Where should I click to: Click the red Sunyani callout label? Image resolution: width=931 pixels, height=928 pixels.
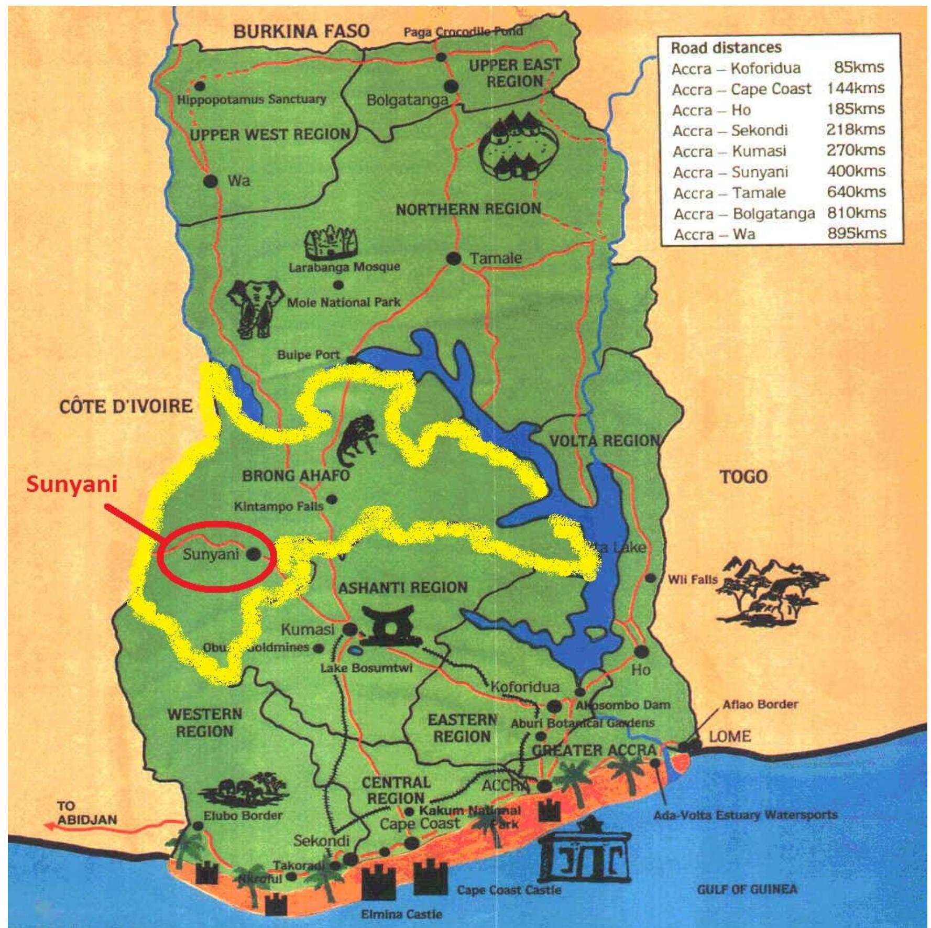pyautogui.click(x=72, y=484)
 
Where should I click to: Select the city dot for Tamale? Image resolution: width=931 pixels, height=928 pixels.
pyautogui.click(x=454, y=258)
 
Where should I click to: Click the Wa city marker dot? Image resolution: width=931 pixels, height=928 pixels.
pyautogui.click(x=211, y=181)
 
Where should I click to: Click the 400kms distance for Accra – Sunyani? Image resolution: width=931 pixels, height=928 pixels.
pyautogui.click(x=856, y=171)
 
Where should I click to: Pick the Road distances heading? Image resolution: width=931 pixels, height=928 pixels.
pyautogui.click(x=726, y=48)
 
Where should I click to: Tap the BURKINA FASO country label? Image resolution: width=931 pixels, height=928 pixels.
pyautogui.click(x=301, y=31)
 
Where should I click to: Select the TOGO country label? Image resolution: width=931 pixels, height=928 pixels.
pyautogui.click(x=743, y=477)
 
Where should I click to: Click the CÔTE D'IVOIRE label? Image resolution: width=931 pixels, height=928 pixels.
pyautogui.click(x=126, y=406)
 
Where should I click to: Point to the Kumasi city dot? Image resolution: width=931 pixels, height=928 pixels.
pyautogui.click(x=350, y=629)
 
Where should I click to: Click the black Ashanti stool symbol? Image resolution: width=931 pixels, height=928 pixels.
pyautogui.click(x=391, y=626)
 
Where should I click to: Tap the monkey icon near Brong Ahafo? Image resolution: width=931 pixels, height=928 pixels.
pyautogui.click(x=358, y=439)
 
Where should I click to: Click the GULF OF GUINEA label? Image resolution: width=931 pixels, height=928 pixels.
pyautogui.click(x=747, y=889)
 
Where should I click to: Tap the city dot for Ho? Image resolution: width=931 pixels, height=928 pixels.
pyautogui.click(x=641, y=652)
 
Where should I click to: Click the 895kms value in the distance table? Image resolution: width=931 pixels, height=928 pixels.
pyautogui.click(x=857, y=233)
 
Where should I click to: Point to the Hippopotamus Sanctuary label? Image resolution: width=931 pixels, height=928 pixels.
pyautogui.click(x=251, y=99)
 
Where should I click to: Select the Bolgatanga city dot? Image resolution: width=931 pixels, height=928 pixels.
pyautogui.click(x=452, y=86)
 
